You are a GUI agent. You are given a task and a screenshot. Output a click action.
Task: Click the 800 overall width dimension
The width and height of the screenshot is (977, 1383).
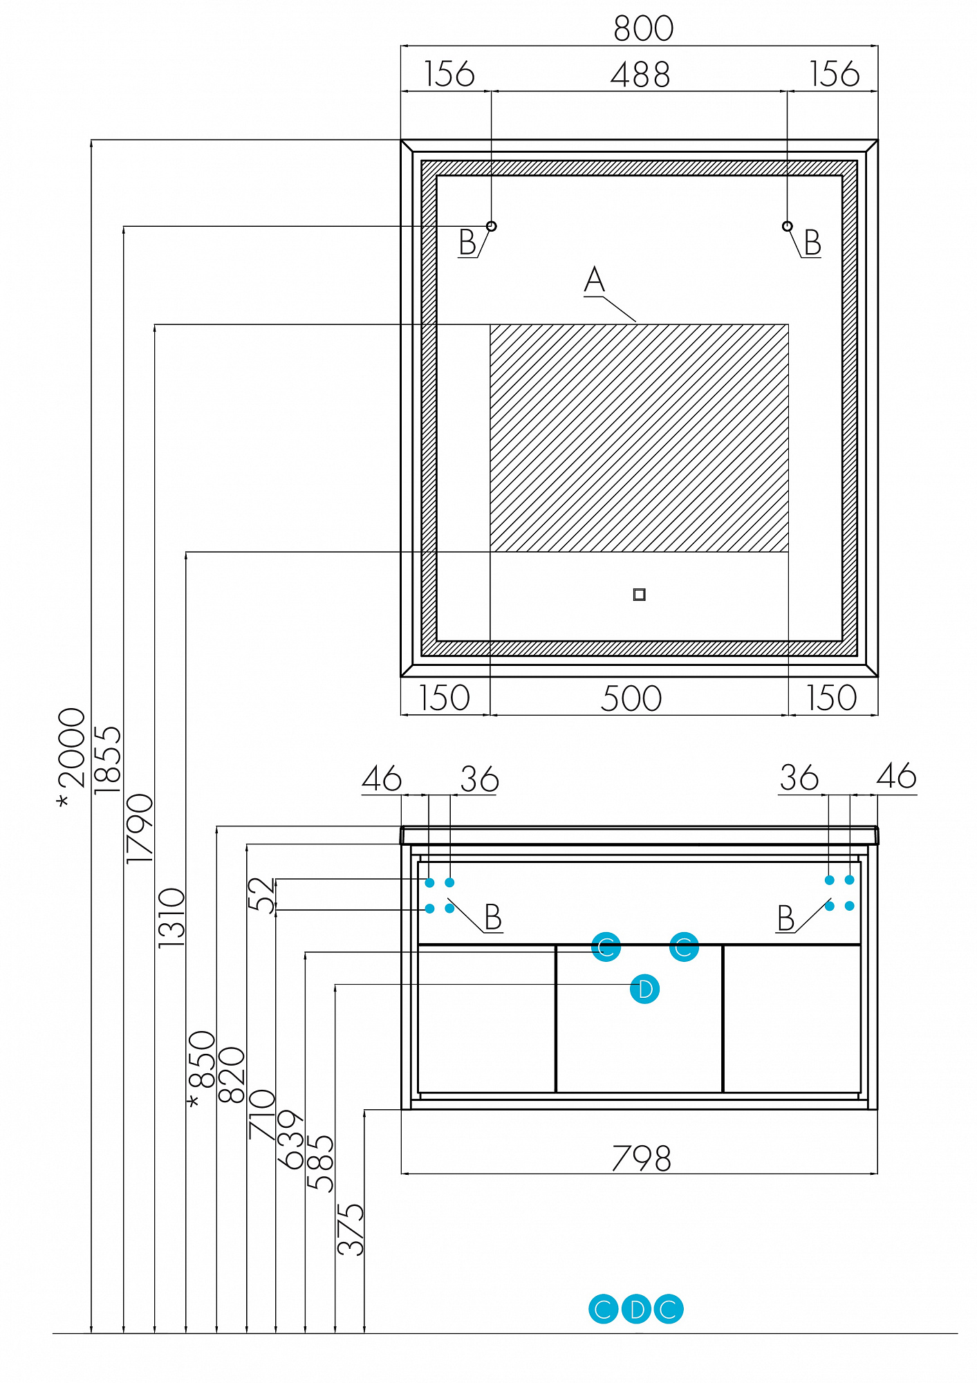(643, 29)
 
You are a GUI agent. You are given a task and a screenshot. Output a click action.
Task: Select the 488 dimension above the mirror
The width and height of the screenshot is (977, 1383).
(640, 75)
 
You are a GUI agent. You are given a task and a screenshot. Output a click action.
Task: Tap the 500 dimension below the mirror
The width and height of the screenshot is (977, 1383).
(631, 698)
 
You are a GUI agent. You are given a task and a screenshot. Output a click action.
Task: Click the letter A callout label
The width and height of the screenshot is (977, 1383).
(594, 280)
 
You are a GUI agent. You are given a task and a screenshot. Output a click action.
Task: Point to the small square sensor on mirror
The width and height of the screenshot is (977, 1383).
(640, 595)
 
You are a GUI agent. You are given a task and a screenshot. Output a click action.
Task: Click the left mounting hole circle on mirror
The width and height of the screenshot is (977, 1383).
(492, 226)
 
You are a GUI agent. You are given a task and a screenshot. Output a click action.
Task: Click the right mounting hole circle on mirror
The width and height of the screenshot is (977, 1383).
(787, 226)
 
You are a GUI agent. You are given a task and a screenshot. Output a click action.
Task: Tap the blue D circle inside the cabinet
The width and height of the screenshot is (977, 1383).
(645, 989)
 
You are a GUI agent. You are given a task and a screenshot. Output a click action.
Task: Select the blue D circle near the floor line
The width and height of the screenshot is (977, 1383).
(636, 1309)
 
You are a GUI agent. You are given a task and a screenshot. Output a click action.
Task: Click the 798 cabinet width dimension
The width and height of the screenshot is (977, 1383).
(641, 1159)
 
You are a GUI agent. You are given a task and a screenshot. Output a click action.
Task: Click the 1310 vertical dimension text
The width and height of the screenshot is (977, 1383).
(172, 918)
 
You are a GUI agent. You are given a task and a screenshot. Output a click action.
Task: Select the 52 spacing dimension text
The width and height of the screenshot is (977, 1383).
(261, 895)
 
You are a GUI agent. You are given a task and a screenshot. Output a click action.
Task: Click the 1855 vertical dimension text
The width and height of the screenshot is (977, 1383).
(108, 759)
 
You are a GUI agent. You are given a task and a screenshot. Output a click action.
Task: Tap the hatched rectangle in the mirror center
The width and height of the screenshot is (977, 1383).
(640, 438)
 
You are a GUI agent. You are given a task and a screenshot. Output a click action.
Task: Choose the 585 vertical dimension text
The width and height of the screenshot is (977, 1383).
(320, 1163)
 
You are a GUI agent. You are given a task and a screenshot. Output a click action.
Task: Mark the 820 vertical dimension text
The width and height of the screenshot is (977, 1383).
(232, 1075)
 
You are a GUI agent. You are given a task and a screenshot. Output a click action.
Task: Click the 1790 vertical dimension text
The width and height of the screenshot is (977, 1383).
(140, 828)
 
